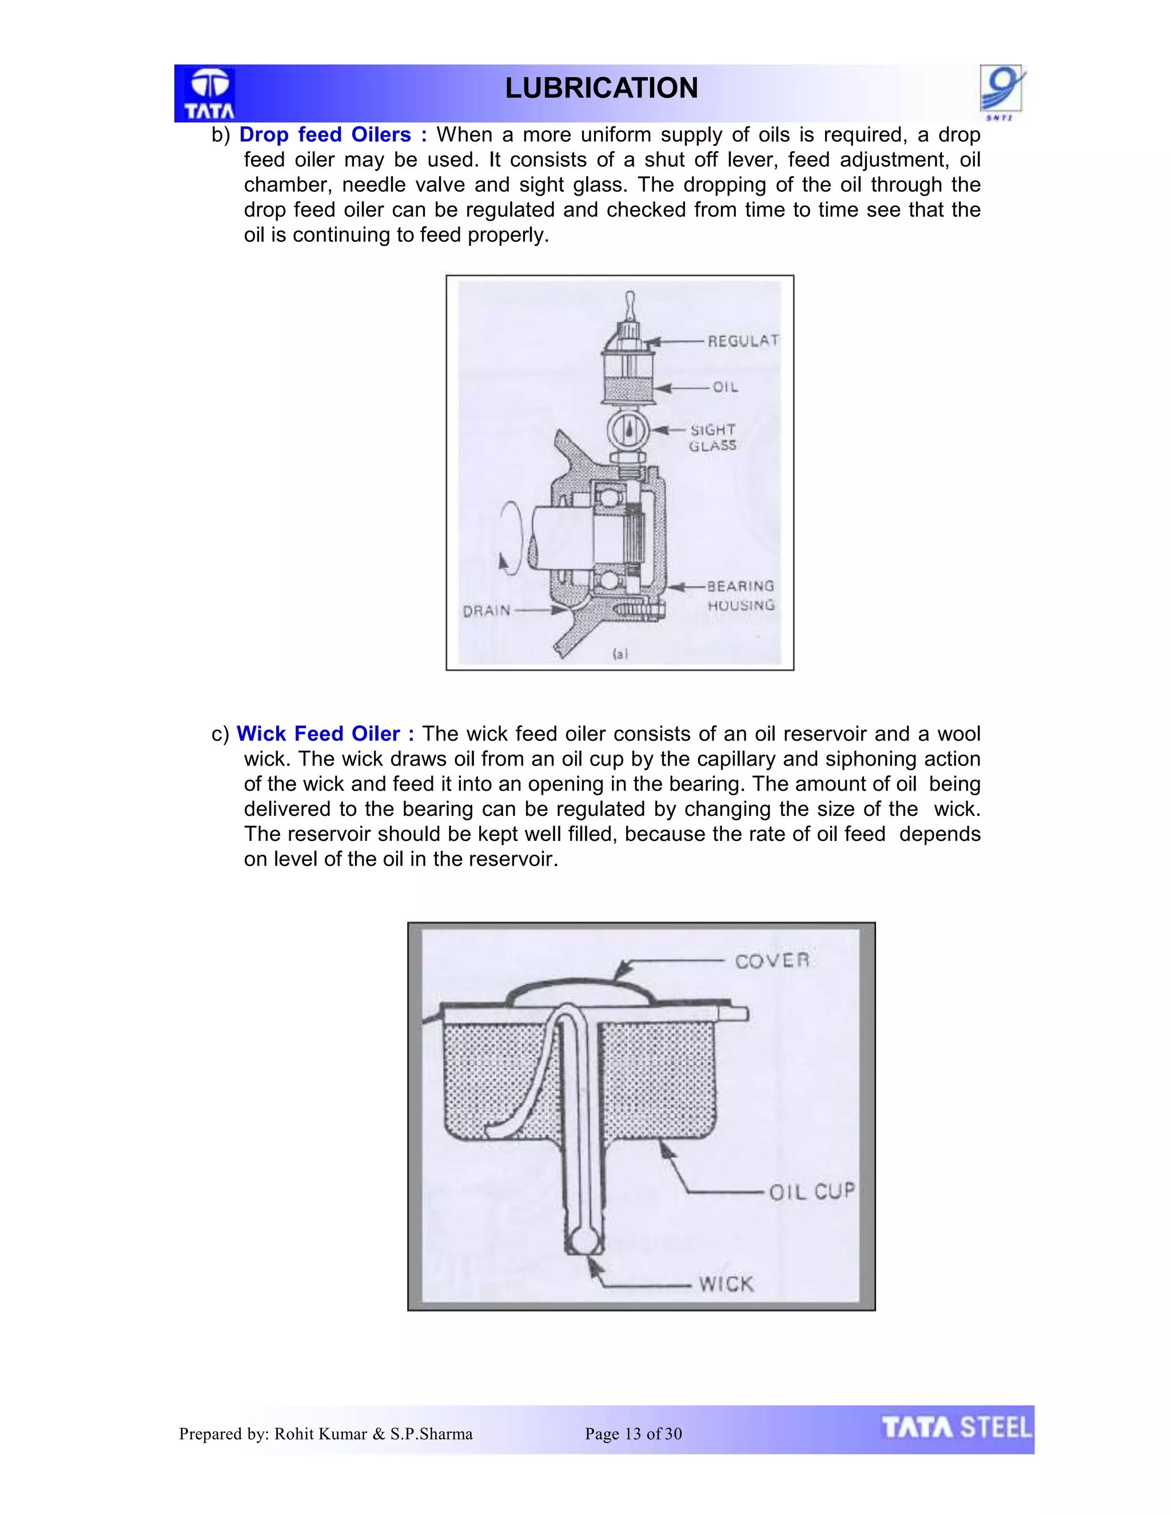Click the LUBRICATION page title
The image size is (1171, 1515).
(601, 88)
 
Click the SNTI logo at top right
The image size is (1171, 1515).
(1002, 91)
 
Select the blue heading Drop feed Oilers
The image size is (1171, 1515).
(325, 134)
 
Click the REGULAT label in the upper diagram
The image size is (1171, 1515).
(742, 341)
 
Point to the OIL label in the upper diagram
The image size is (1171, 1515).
(725, 387)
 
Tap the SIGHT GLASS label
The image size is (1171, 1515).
(712, 438)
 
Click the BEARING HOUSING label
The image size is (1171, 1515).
(740, 596)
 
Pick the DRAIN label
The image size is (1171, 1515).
(487, 611)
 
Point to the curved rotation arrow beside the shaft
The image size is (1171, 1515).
(511, 539)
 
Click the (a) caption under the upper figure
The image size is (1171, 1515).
(619, 653)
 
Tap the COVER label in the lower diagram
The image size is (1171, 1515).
(771, 961)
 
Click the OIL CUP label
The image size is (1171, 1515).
(812, 1192)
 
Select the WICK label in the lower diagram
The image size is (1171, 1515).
(726, 1284)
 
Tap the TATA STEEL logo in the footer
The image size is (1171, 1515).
(956, 1428)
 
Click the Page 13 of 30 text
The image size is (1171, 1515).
(634, 1434)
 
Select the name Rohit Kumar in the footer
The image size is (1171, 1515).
(321, 1434)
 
